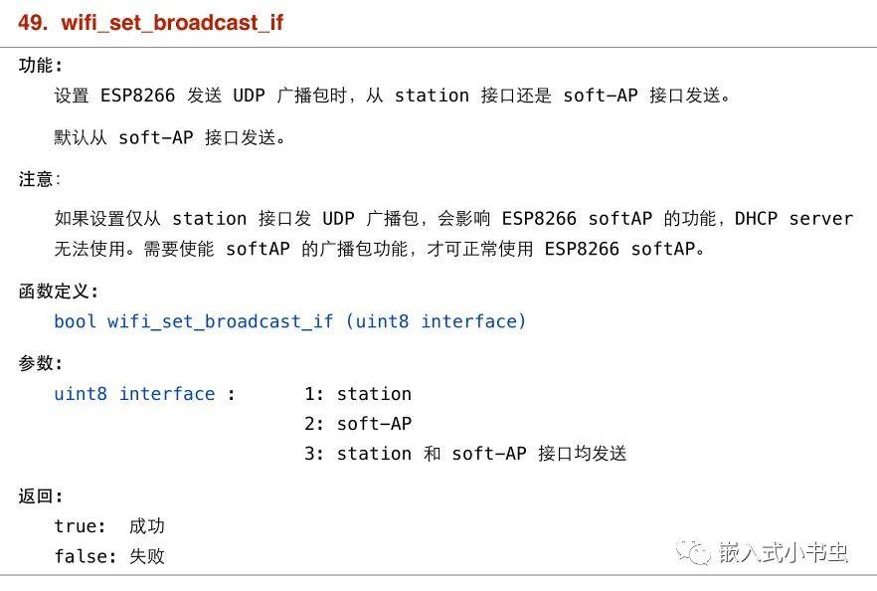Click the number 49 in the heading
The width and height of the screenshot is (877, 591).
tap(33, 22)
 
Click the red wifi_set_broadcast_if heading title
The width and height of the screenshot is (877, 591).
tap(172, 23)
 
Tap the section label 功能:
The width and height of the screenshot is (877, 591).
tap(40, 66)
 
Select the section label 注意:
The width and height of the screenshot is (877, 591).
tap(39, 180)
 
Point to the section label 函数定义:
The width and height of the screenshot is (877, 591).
tap(58, 292)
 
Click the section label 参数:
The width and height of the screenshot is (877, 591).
tap(40, 363)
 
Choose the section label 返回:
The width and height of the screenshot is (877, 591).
tap(40, 495)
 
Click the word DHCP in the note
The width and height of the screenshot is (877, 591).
tap(756, 218)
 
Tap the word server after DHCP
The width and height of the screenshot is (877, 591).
tap(821, 219)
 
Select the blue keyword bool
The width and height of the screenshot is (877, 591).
tap(75, 321)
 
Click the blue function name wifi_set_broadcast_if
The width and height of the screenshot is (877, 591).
tap(220, 321)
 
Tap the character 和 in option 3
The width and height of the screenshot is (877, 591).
tap(432, 454)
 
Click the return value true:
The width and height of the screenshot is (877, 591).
tap(80, 526)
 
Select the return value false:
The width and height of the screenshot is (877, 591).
tap(86, 556)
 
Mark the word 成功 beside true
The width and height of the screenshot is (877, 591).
tap(147, 526)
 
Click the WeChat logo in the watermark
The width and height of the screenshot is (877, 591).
tap(693, 552)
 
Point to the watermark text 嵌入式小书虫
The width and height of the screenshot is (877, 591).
tap(784, 552)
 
